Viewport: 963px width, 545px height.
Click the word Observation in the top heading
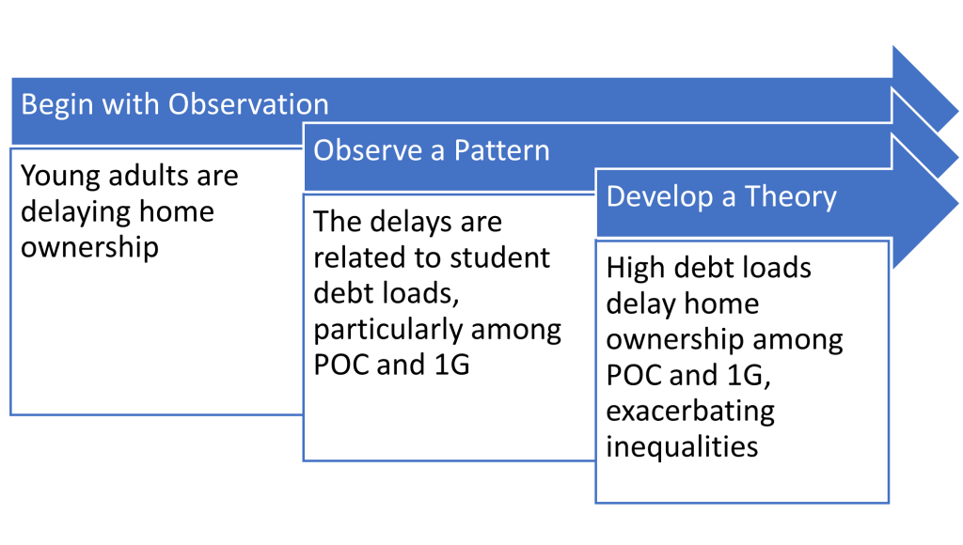click(x=248, y=104)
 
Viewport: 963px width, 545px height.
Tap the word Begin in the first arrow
click(x=56, y=105)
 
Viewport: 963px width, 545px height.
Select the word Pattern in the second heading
click(x=501, y=150)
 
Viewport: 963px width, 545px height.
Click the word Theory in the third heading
click(x=790, y=197)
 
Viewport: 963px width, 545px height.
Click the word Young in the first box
click(x=60, y=177)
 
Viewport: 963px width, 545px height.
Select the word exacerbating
click(x=690, y=412)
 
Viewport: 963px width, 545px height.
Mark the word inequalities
click(x=682, y=447)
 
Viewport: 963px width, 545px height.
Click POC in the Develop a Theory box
click(x=633, y=376)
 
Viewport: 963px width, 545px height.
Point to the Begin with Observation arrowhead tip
click(x=957, y=111)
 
